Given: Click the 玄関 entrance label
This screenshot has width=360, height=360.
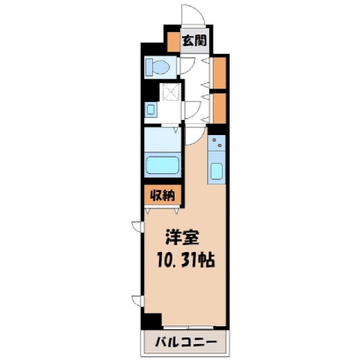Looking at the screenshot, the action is click(194, 40).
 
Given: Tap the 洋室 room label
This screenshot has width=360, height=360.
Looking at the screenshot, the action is click(182, 237).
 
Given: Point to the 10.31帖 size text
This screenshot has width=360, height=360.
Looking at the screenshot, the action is click(186, 260).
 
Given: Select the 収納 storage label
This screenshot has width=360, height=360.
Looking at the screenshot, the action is click(162, 195).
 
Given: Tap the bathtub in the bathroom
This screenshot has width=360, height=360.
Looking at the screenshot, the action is click(163, 165).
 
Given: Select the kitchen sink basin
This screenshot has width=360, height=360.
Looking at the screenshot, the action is click(216, 171).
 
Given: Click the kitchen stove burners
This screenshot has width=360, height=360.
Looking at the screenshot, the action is click(217, 142).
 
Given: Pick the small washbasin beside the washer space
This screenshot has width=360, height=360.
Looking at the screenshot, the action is click(151, 109).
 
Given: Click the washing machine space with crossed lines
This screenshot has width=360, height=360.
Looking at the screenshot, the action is click(171, 92).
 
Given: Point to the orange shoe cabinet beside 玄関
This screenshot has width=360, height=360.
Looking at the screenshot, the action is click(174, 42).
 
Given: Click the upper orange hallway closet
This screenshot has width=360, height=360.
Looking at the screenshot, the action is click(219, 73).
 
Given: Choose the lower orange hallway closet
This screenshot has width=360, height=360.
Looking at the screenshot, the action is click(219, 108).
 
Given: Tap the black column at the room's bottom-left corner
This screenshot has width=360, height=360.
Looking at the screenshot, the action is click(151, 321).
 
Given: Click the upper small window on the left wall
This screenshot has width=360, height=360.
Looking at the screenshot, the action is click(137, 226).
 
